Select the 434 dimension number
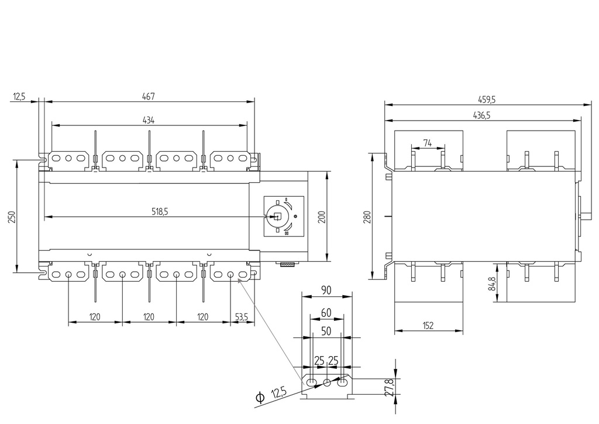pyautogui.click(x=149, y=120)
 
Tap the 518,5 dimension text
pyautogui.click(x=156, y=212)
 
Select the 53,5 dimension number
pyautogui.click(x=241, y=317)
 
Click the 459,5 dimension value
pyautogui.click(x=485, y=100)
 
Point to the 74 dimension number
pyautogui.click(x=427, y=142)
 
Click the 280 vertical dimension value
pyautogui.click(x=367, y=216)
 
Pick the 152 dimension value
pyautogui.click(x=428, y=326)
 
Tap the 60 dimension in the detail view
pyautogui.click(x=326, y=313)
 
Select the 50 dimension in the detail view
pyautogui.click(x=326, y=331)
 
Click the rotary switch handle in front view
pyautogui.click(x=277, y=216)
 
